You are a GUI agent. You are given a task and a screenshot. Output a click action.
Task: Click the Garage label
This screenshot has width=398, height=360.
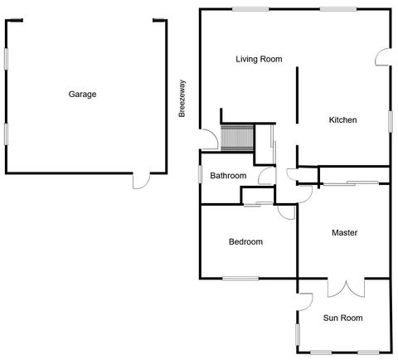(82, 95)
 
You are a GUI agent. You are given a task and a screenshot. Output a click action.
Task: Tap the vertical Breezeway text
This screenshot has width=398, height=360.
(182, 98)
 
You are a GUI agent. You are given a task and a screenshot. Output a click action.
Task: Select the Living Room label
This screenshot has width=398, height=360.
(259, 59)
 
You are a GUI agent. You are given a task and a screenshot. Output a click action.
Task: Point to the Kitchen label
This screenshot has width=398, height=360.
(342, 120)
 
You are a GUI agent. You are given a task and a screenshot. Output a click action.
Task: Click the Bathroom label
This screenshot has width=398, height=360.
(227, 176)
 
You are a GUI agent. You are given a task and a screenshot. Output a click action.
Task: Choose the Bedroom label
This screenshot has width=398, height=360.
(245, 242)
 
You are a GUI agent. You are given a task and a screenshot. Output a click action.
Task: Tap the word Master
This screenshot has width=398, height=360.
(343, 233)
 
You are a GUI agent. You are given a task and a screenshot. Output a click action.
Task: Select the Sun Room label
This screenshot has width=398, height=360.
(342, 318)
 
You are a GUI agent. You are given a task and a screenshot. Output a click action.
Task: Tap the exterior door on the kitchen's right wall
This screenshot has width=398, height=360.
(382, 57)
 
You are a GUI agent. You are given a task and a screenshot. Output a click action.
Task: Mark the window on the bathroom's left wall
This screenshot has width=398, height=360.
(200, 175)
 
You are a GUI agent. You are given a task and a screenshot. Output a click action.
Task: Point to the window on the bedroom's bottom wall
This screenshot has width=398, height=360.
(240, 278)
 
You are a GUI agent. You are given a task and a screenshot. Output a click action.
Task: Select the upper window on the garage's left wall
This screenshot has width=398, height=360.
(7, 58)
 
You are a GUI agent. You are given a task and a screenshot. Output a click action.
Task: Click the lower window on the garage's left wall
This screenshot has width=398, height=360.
(7, 133)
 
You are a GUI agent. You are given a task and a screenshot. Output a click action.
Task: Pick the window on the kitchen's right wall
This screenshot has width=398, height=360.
(390, 121)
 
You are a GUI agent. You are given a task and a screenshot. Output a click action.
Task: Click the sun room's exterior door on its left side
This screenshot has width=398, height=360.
(304, 300)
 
